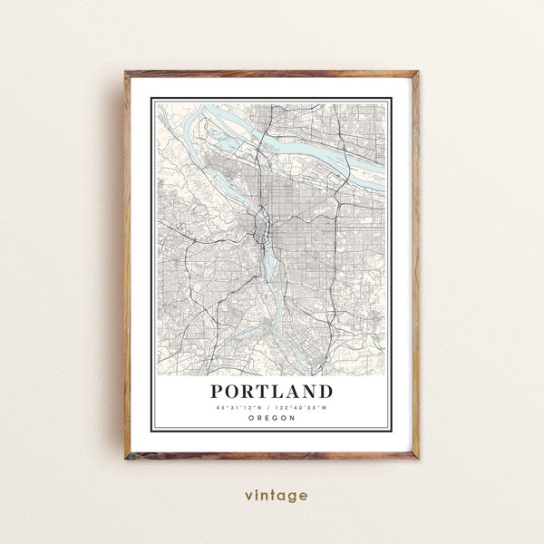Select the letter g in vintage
(x=292, y=497)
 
